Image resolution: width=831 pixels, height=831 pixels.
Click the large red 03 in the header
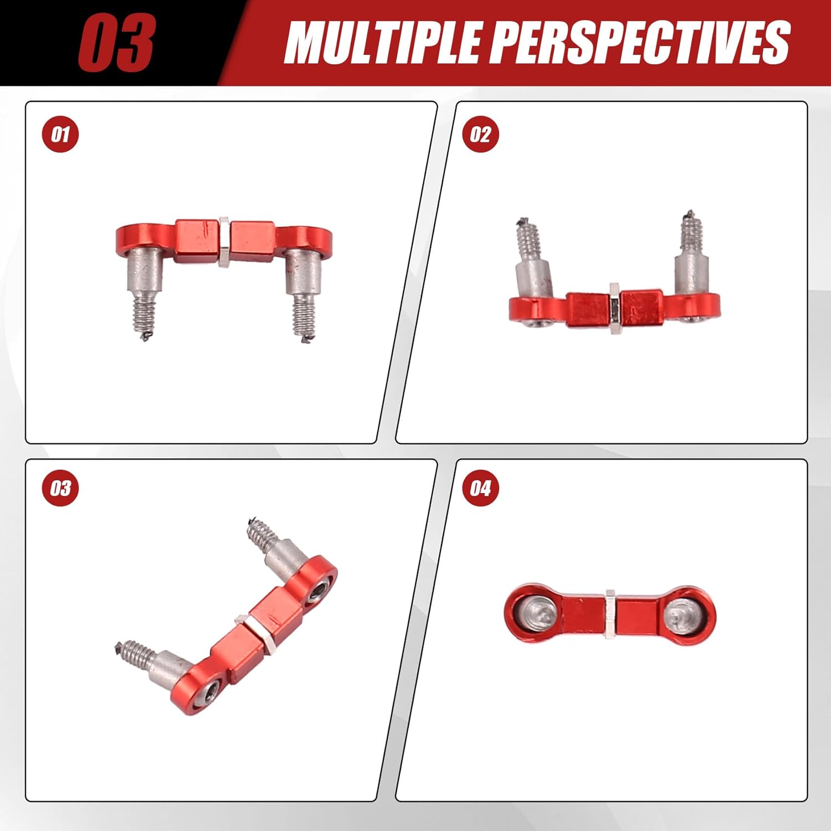116,43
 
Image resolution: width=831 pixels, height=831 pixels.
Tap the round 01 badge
60,135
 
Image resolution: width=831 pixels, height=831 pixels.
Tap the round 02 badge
480,135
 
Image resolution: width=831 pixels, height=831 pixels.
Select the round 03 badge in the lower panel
60,488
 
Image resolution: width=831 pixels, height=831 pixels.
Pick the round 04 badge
480,488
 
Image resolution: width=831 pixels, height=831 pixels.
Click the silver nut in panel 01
224,242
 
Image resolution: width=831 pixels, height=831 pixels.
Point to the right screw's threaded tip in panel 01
304,320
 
